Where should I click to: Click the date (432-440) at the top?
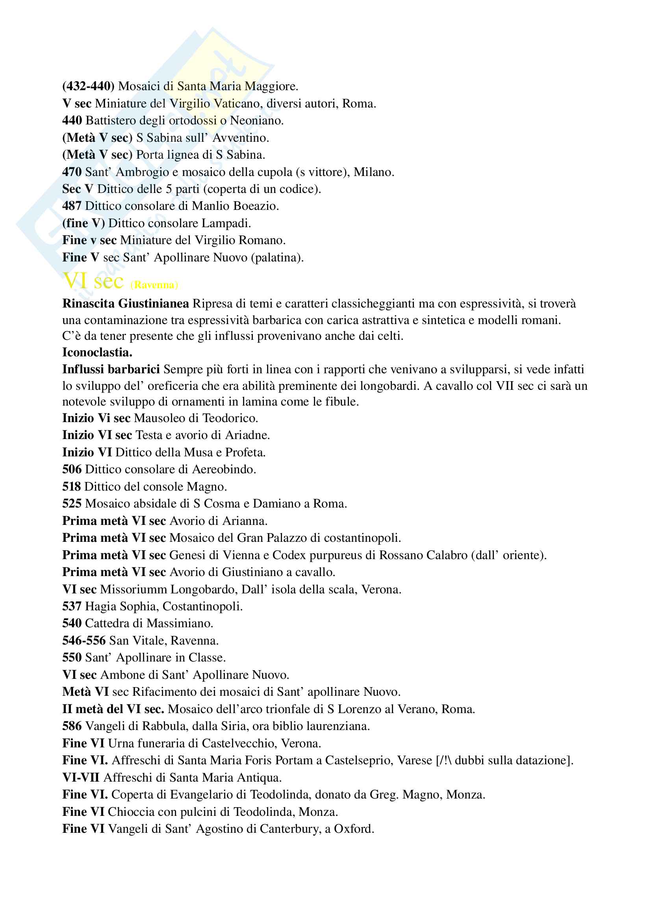pyautogui.click(x=88, y=86)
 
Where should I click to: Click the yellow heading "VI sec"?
pyautogui.click(x=93, y=281)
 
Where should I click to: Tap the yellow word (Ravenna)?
pyautogui.click(x=154, y=285)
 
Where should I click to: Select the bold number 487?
pyautogui.click(x=72, y=206)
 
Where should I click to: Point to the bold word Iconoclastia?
pyautogui.click(x=97, y=352)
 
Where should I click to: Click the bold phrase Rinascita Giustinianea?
pyautogui.click(x=126, y=304)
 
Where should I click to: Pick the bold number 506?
pyautogui.click(x=72, y=469)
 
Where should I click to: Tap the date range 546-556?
pyautogui.click(x=84, y=641)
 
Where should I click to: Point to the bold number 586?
pyautogui.click(x=72, y=726)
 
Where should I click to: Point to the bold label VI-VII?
pyautogui.click(x=81, y=777)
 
